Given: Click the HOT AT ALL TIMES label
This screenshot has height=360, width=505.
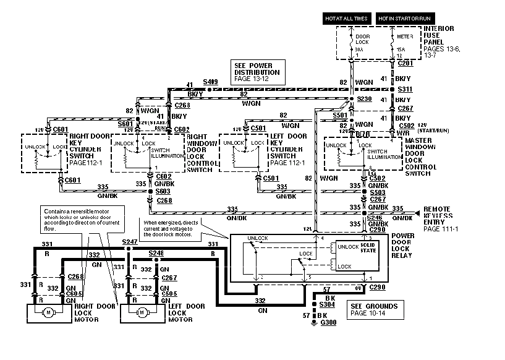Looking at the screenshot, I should [347, 19].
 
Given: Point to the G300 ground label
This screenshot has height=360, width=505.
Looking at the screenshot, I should [328, 324].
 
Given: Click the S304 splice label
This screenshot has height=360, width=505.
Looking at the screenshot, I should [328, 305].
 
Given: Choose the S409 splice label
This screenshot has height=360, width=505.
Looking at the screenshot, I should [211, 82].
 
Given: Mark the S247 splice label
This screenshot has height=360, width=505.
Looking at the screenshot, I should [129, 241].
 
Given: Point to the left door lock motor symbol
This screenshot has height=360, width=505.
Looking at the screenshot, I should [143, 312].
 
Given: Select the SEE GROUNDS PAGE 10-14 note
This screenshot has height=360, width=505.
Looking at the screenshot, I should [374, 310].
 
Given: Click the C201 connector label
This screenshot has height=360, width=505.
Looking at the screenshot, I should [405, 63].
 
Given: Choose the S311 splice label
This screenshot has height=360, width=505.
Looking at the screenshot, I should [405, 89].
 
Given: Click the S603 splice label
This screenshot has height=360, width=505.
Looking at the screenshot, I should [163, 192].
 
